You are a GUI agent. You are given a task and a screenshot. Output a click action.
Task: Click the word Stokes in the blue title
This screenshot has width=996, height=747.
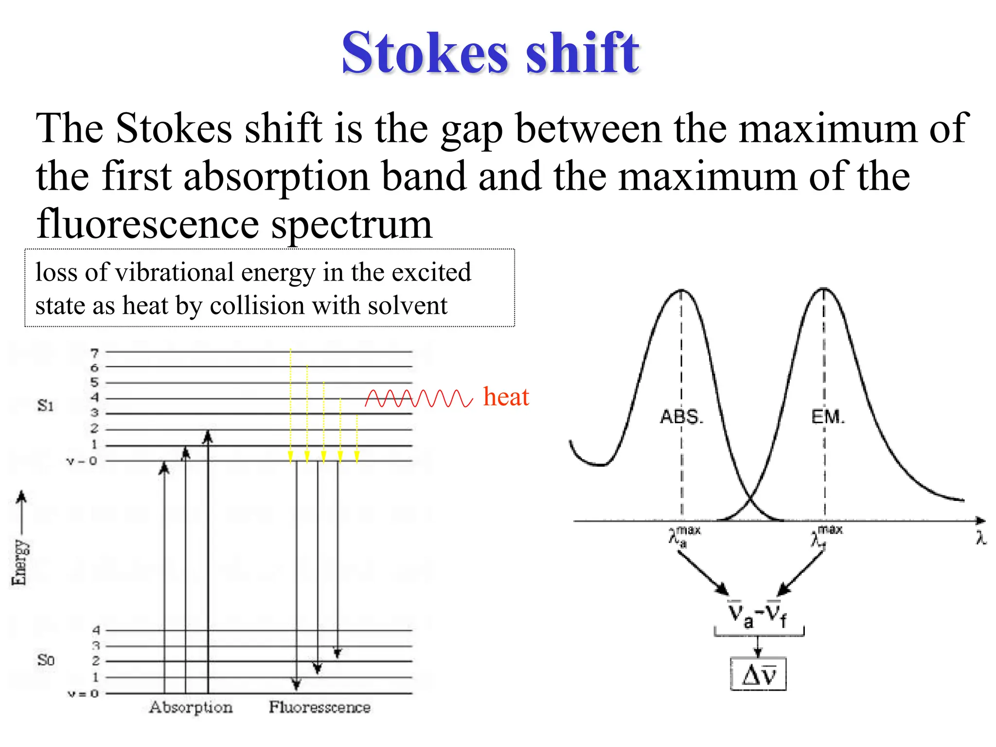point(425,53)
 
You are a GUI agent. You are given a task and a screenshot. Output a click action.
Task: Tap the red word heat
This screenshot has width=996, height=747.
point(505,397)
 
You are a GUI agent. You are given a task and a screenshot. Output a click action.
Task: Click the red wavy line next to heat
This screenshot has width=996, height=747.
point(419,398)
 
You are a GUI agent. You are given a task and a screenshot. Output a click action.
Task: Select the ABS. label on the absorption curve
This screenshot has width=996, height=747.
point(681,417)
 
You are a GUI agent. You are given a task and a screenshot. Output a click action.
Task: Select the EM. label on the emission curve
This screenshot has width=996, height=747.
point(828,417)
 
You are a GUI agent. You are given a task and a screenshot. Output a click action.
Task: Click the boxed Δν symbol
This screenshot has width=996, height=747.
point(758,674)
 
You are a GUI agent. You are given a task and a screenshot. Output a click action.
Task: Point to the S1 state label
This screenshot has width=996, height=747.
point(46,405)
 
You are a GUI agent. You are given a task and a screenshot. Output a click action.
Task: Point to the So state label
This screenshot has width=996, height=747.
point(46,660)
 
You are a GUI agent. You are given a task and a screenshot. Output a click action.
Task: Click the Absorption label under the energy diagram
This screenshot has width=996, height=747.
point(191,707)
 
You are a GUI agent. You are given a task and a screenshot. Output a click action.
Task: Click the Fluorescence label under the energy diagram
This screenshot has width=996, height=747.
point(320,707)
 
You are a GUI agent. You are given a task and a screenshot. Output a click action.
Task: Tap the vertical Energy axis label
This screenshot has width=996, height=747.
point(19,562)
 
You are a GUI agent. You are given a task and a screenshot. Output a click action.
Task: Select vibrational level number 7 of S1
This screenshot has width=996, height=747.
point(94,353)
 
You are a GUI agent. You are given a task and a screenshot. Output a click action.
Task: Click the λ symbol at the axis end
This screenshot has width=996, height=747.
point(981,538)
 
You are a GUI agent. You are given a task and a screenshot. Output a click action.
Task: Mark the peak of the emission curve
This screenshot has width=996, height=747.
point(823,289)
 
